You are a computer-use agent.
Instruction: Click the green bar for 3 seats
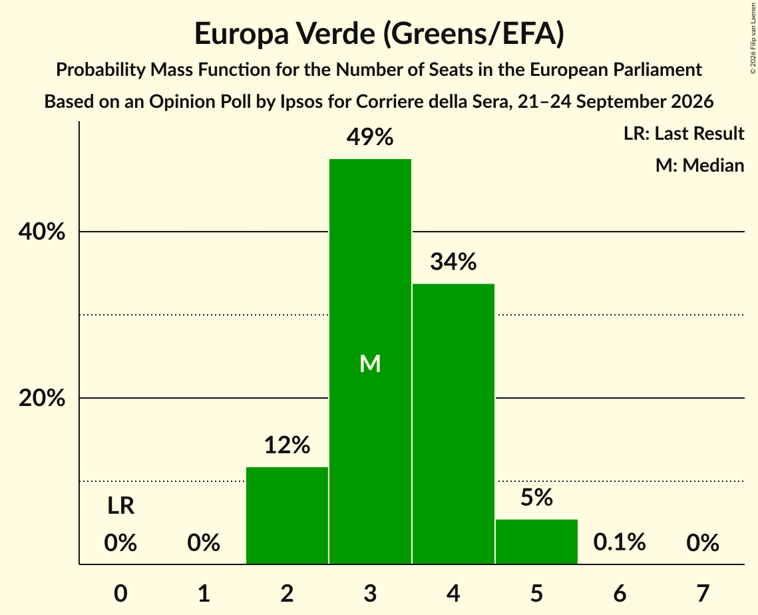coord(370,361)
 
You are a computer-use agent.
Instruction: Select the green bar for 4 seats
coord(453,423)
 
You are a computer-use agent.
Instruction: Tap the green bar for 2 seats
coord(287,515)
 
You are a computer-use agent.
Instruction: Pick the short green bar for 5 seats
coord(536,542)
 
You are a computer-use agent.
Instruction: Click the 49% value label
coord(370,137)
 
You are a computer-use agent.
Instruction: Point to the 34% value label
coord(453,262)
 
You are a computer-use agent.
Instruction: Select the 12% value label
coord(287,445)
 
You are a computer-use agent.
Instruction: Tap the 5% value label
coord(536,497)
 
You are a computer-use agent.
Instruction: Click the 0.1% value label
coord(620,542)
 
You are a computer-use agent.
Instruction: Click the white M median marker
coord(370,363)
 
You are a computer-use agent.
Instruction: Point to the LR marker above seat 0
coord(121,506)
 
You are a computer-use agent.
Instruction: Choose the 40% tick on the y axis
coord(41,232)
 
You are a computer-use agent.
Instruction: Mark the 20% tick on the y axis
coord(41,398)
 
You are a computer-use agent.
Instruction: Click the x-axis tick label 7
coord(703,593)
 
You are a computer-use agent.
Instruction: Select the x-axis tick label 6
coord(620,593)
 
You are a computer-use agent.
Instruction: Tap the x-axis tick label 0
coord(121,593)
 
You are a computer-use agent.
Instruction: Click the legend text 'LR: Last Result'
coord(684,133)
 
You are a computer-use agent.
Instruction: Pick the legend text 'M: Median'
coord(700,165)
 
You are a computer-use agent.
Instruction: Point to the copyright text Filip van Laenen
coord(753,27)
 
